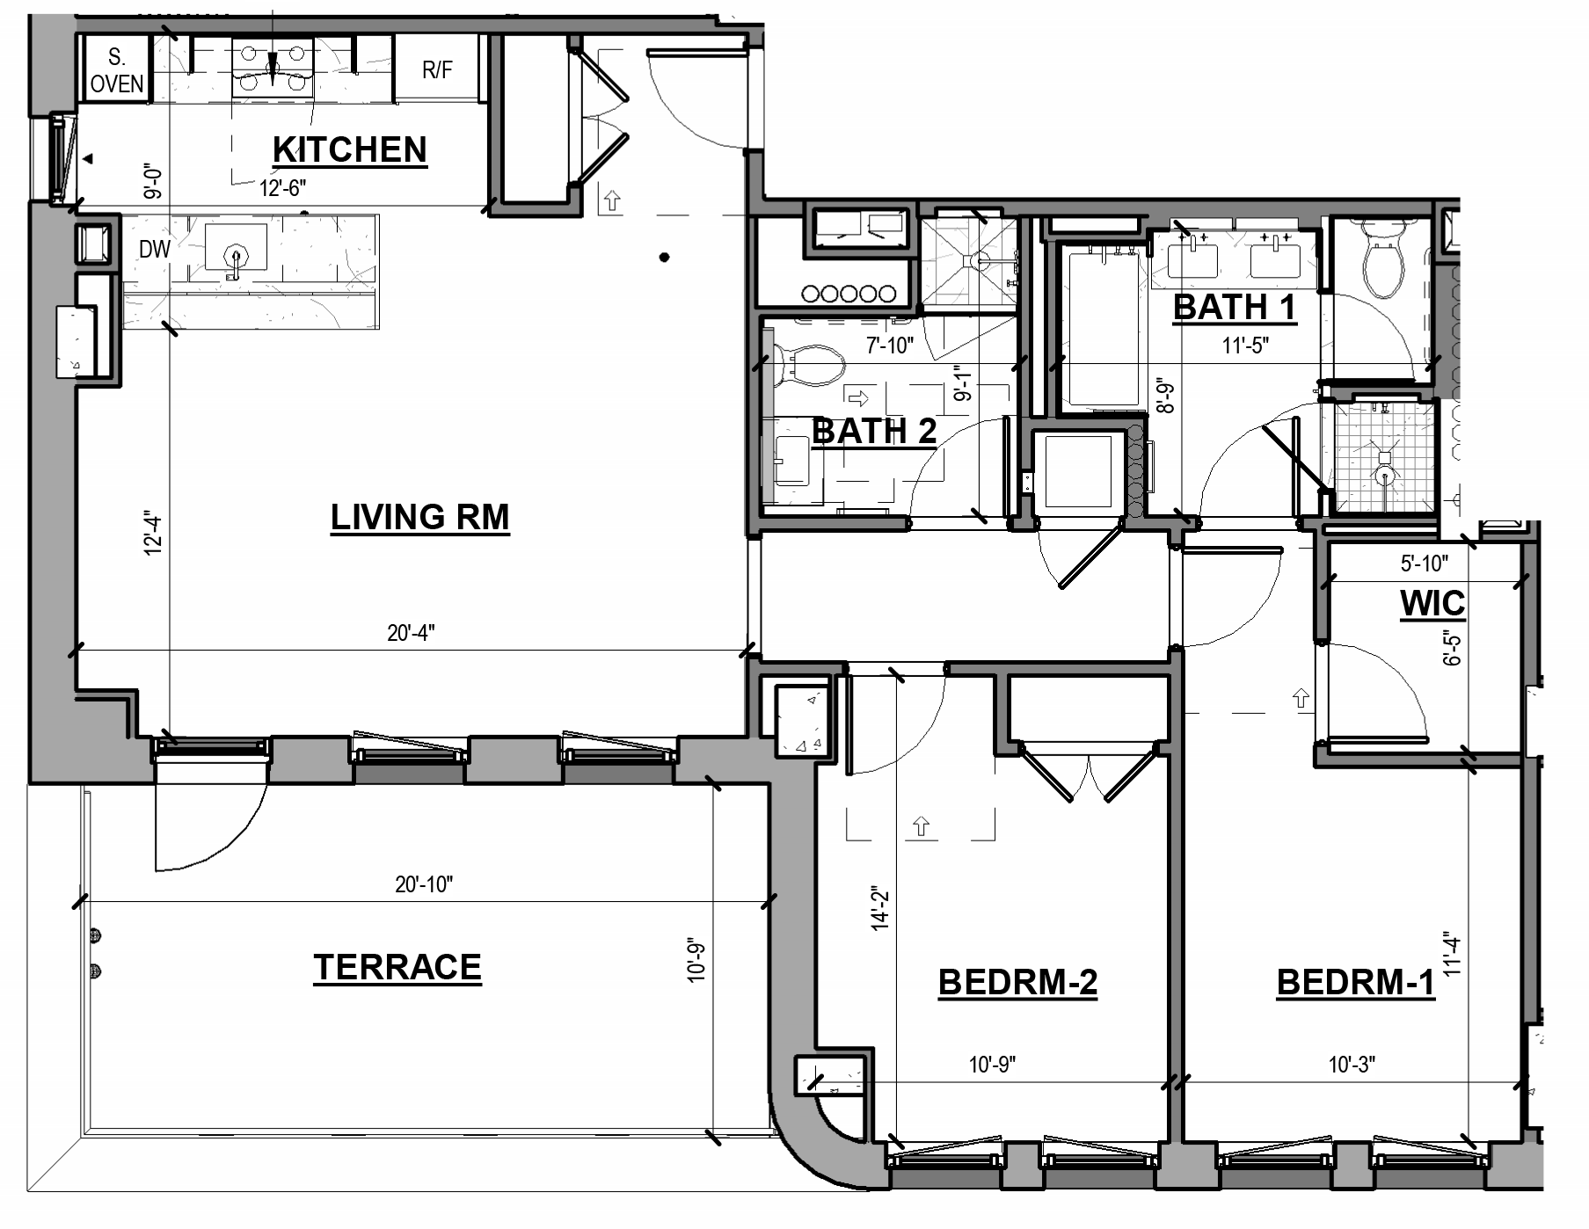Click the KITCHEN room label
click(x=349, y=149)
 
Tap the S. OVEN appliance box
click(x=116, y=70)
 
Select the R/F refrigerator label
click(x=437, y=70)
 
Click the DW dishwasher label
click(x=154, y=249)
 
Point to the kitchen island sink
click(x=235, y=249)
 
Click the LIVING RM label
click(x=419, y=517)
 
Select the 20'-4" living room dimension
click(x=411, y=633)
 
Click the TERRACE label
click(x=397, y=967)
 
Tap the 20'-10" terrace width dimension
click(x=423, y=884)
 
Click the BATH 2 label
click(x=874, y=432)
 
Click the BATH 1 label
click(x=1235, y=308)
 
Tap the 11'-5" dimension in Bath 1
click(x=1245, y=345)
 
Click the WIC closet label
click(x=1432, y=603)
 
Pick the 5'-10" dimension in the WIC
click(x=1424, y=563)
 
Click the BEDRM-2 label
click(x=1017, y=982)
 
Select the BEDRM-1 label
click(x=1355, y=982)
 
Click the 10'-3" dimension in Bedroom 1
click(x=1351, y=1065)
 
